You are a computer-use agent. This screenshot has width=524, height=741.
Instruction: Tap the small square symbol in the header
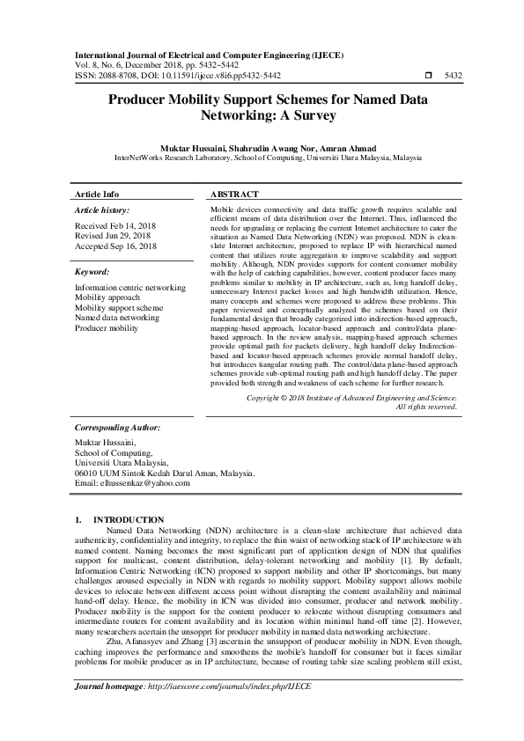(430, 76)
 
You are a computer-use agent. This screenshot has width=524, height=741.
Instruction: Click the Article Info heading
(97, 194)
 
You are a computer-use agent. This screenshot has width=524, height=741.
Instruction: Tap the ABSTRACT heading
(234, 194)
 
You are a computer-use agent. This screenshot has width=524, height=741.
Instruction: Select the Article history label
(102, 210)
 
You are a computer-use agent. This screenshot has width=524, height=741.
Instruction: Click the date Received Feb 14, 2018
(115, 226)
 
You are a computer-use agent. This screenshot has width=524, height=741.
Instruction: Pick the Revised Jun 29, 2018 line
(112, 236)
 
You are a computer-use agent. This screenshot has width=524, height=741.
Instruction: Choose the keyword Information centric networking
(130, 288)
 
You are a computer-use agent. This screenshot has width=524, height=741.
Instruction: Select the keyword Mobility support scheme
(119, 308)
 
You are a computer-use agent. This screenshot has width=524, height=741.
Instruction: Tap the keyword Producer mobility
(107, 327)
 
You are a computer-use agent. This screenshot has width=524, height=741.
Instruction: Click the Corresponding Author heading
(118, 426)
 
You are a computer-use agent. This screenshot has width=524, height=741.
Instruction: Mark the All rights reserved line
(426, 407)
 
